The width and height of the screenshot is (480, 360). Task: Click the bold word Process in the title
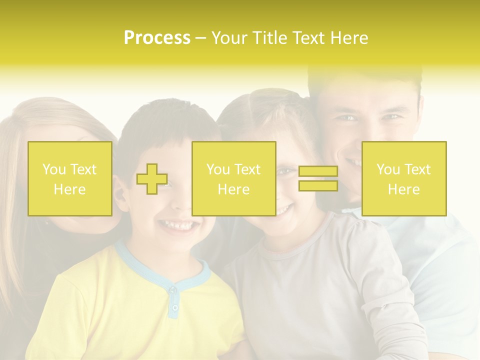point(157,38)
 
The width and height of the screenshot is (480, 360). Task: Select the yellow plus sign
point(152,178)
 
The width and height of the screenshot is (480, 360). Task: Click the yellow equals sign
point(318,178)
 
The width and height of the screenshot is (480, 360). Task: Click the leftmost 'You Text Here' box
point(69,178)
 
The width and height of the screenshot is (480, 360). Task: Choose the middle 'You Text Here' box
point(233,178)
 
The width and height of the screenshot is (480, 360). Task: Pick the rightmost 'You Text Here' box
point(403,178)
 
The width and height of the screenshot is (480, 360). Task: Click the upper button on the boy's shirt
point(173,289)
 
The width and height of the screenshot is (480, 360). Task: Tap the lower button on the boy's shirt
point(174,307)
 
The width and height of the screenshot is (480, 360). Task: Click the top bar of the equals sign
point(318,171)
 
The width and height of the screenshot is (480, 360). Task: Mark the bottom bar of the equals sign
point(318,185)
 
